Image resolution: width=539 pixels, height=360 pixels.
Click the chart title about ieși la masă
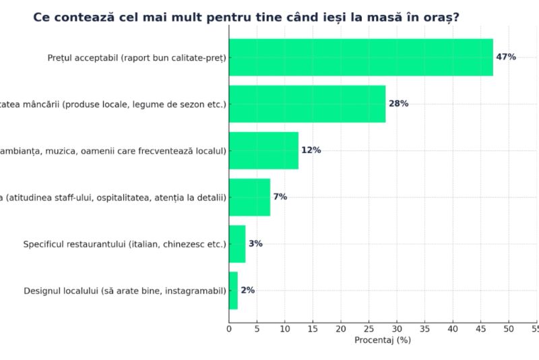pyautogui.click(x=247, y=17)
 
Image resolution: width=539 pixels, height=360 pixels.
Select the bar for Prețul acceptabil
pyautogui.click(x=360, y=57)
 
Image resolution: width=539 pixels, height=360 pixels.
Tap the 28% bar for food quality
pyautogui.click(x=307, y=104)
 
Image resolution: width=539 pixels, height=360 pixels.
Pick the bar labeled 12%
pyautogui.click(x=263, y=150)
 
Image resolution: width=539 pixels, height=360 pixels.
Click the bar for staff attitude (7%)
pyautogui.click(x=249, y=197)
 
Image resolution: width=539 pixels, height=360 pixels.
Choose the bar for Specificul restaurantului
pyautogui.click(x=237, y=243)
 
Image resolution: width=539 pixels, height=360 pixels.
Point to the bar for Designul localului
pyautogui.click(x=233, y=291)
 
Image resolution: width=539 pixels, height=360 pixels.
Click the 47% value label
pyautogui.click(x=506, y=57)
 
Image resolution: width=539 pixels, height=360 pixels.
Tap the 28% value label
pyautogui.click(x=398, y=104)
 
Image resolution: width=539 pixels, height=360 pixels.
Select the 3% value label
pyautogui.click(x=255, y=243)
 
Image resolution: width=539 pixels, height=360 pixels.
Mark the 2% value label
pyautogui.click(x=247, y=291)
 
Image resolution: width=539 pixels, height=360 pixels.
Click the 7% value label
pyautogui.click(x=280, y=197)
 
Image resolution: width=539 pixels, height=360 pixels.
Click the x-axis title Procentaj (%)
pyautogui.click(x=383, y=340)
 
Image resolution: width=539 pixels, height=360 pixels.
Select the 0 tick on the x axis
pyautogui.click(x=229, y=328)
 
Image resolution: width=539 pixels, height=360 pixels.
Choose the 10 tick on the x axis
pyautogui.click(x=284, y=328)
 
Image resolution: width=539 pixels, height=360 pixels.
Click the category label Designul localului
pyautogui.click(x=125, y=291)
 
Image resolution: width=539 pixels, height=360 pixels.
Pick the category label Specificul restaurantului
pyautogui.click(x=125, y=243)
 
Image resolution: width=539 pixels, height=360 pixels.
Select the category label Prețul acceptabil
pyautogui.click(x=137, y=57)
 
